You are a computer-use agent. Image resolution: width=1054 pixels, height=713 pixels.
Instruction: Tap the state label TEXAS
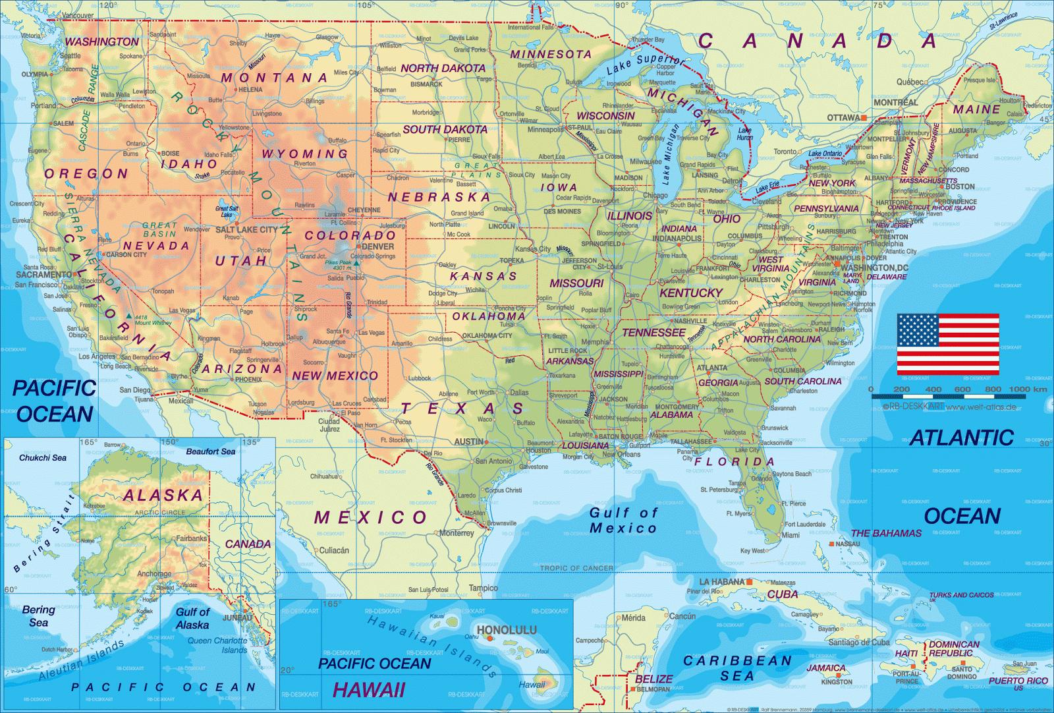coord(462,409)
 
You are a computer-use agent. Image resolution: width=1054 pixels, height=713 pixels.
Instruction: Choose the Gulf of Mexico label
coord(623,521)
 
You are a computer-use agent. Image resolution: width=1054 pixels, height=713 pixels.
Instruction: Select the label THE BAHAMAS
coord(886,533)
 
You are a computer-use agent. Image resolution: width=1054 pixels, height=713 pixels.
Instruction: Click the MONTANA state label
coord(274,78)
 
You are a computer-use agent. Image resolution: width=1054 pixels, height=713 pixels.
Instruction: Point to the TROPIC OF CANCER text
coord(576,568)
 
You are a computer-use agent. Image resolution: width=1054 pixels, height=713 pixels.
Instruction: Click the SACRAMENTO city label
coord(43,274)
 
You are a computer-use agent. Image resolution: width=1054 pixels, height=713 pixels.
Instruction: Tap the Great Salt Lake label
coord(227,212)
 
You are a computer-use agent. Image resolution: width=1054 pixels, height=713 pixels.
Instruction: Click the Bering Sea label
coord(38,615)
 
